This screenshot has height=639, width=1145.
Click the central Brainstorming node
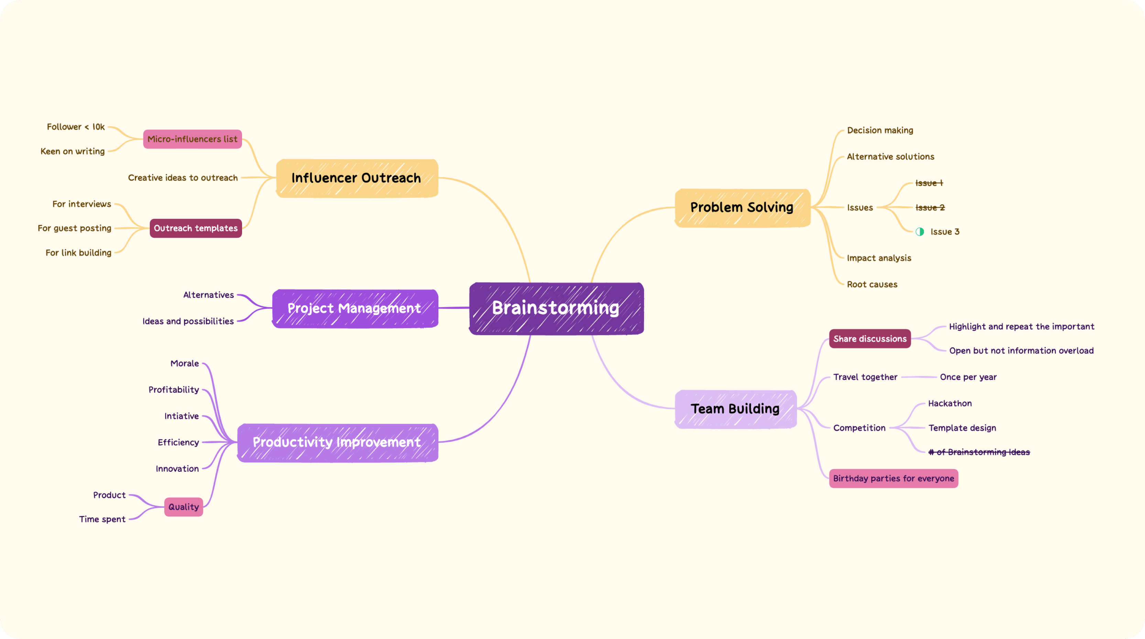(x=556, y=308)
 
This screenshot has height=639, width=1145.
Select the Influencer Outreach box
(x=357, y=178)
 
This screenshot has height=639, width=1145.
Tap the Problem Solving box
(x=742, y=208)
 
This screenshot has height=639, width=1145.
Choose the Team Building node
(x=735, y=409)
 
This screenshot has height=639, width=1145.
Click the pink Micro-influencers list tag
(x=193, y=139)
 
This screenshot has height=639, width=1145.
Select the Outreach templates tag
(x=196, y=228)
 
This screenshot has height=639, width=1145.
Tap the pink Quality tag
(x=184, y=507)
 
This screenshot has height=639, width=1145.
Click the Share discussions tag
(x=870, y=339)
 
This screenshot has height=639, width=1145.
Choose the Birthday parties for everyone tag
(x=893, y=479)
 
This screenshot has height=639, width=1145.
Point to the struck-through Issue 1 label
(x=929, y=183)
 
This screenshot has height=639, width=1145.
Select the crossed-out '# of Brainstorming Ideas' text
(x=979, y=452)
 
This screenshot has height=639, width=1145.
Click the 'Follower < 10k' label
(x=76, y=127)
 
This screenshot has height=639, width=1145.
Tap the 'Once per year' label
(x=968, y=377)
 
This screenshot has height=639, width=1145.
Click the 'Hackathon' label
(x=950, y=404)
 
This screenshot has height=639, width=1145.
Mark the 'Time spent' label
(x=102, y=519)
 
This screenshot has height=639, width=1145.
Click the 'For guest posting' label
(x=75, y=228)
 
